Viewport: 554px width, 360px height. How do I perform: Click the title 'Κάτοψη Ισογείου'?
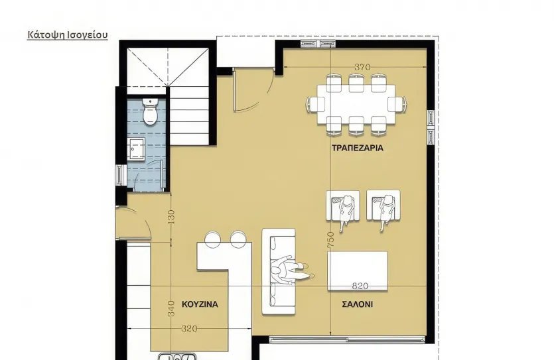[68, 35]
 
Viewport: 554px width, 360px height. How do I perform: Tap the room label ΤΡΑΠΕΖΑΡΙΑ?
[358, 148]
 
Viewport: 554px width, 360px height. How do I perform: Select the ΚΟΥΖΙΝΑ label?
[200, 304]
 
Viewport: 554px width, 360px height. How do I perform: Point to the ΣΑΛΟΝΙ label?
[358, 304]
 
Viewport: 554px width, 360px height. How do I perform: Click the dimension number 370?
[362, 67]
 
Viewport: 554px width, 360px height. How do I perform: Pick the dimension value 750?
[330, 240]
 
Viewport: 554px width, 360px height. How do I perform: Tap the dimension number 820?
[360, 286]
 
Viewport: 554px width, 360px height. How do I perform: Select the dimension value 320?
[189, 329]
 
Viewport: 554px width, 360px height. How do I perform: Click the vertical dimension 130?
[171, 217]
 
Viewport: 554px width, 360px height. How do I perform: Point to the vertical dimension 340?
[171, 308]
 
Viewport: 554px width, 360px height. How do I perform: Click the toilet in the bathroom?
[150, 111]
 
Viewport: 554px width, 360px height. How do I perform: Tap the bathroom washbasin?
[137, 149]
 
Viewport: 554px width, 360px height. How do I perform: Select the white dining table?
[356, 104]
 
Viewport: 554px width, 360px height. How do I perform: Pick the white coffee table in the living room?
[358, 271]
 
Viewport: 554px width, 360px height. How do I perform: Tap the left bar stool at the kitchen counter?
[213, 239]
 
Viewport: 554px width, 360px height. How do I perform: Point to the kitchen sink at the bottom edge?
[177, 357]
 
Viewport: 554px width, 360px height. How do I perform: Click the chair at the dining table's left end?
[316, 105]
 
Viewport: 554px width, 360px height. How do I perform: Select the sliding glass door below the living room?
[347, 340]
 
